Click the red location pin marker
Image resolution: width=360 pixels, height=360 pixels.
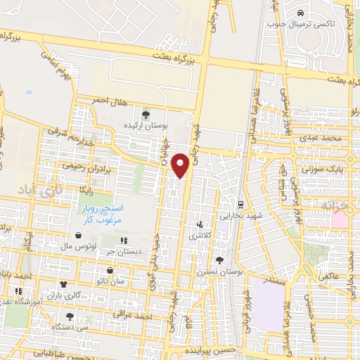point(181,165)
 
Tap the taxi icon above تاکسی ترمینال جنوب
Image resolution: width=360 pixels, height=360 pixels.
point(300,13)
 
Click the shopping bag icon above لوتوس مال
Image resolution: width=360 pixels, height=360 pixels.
point(78,236)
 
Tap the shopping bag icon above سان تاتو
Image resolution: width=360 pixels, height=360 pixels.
point(109,270)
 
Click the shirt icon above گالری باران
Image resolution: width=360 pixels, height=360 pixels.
point(65,285)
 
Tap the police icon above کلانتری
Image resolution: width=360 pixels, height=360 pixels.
point(200,226)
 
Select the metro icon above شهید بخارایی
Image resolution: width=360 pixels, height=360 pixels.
point(240,205)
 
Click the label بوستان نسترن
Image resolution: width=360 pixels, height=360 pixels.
point(210,271)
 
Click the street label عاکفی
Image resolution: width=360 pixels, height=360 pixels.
point(329,276)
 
